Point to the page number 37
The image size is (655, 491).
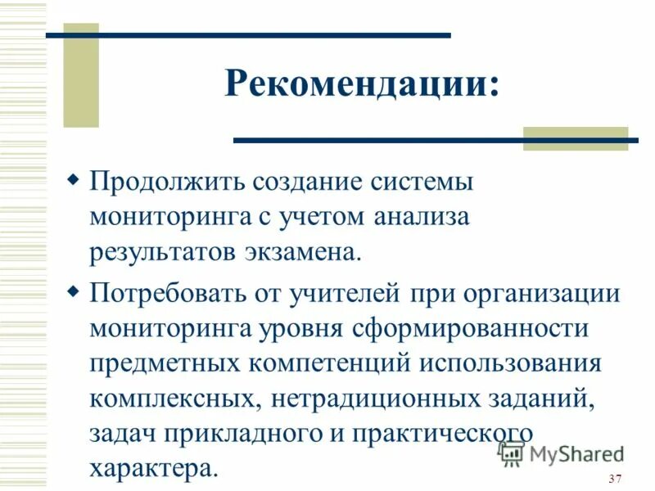616,479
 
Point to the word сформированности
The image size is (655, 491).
460,329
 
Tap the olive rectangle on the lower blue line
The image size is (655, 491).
575,138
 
